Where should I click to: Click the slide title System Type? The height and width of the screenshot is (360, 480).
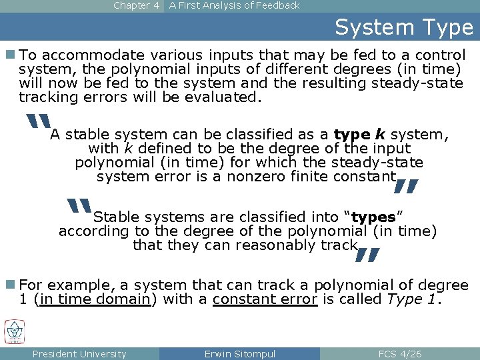(x=403, y=27)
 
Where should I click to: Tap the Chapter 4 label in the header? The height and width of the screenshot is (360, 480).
(x=136, y=5)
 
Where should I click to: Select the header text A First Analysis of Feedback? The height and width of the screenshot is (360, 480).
(x=234, y=5)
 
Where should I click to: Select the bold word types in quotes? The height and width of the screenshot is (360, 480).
(x=373, y=217)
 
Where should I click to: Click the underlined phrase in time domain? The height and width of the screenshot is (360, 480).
(x=95, y=299)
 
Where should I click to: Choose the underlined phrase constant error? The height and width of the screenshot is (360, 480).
(x=265, y=299)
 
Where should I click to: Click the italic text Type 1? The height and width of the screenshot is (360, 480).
(x=413, y=299)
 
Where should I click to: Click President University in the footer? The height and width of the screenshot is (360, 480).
(x=79, y=354)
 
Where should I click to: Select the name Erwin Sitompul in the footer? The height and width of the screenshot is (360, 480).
(x=239, y=354)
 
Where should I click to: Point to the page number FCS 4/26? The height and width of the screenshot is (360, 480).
(x=399, y=354)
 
